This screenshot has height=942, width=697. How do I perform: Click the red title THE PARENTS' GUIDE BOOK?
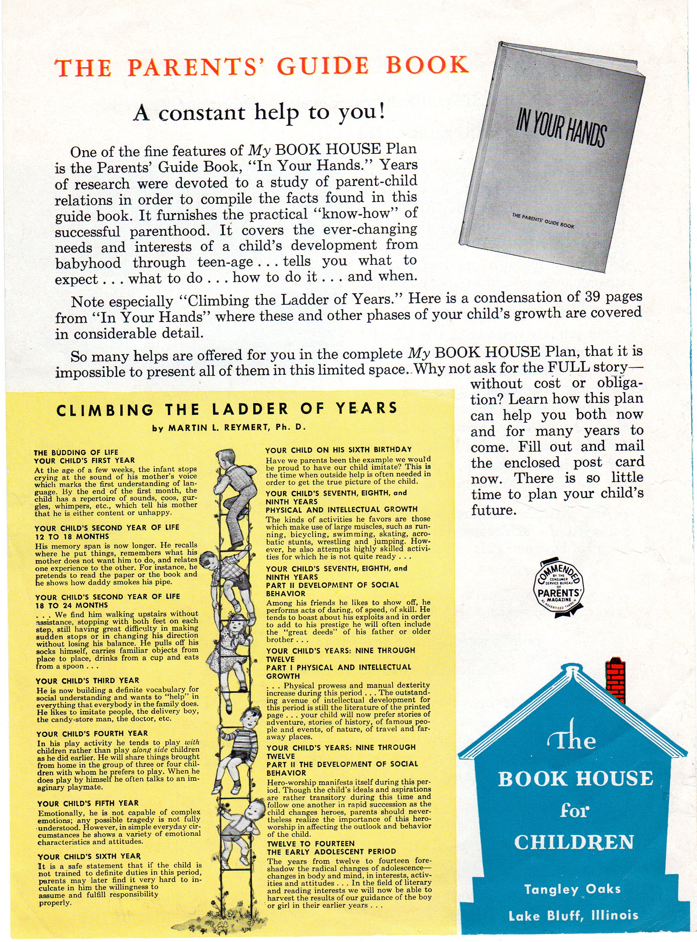[262, 67]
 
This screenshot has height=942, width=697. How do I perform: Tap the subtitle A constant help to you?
[259, 113]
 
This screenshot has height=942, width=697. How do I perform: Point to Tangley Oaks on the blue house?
[572, 889]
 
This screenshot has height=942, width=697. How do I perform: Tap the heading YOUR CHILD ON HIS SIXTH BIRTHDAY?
[338, 450]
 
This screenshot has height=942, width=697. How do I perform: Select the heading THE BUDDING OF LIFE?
[76, 452]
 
